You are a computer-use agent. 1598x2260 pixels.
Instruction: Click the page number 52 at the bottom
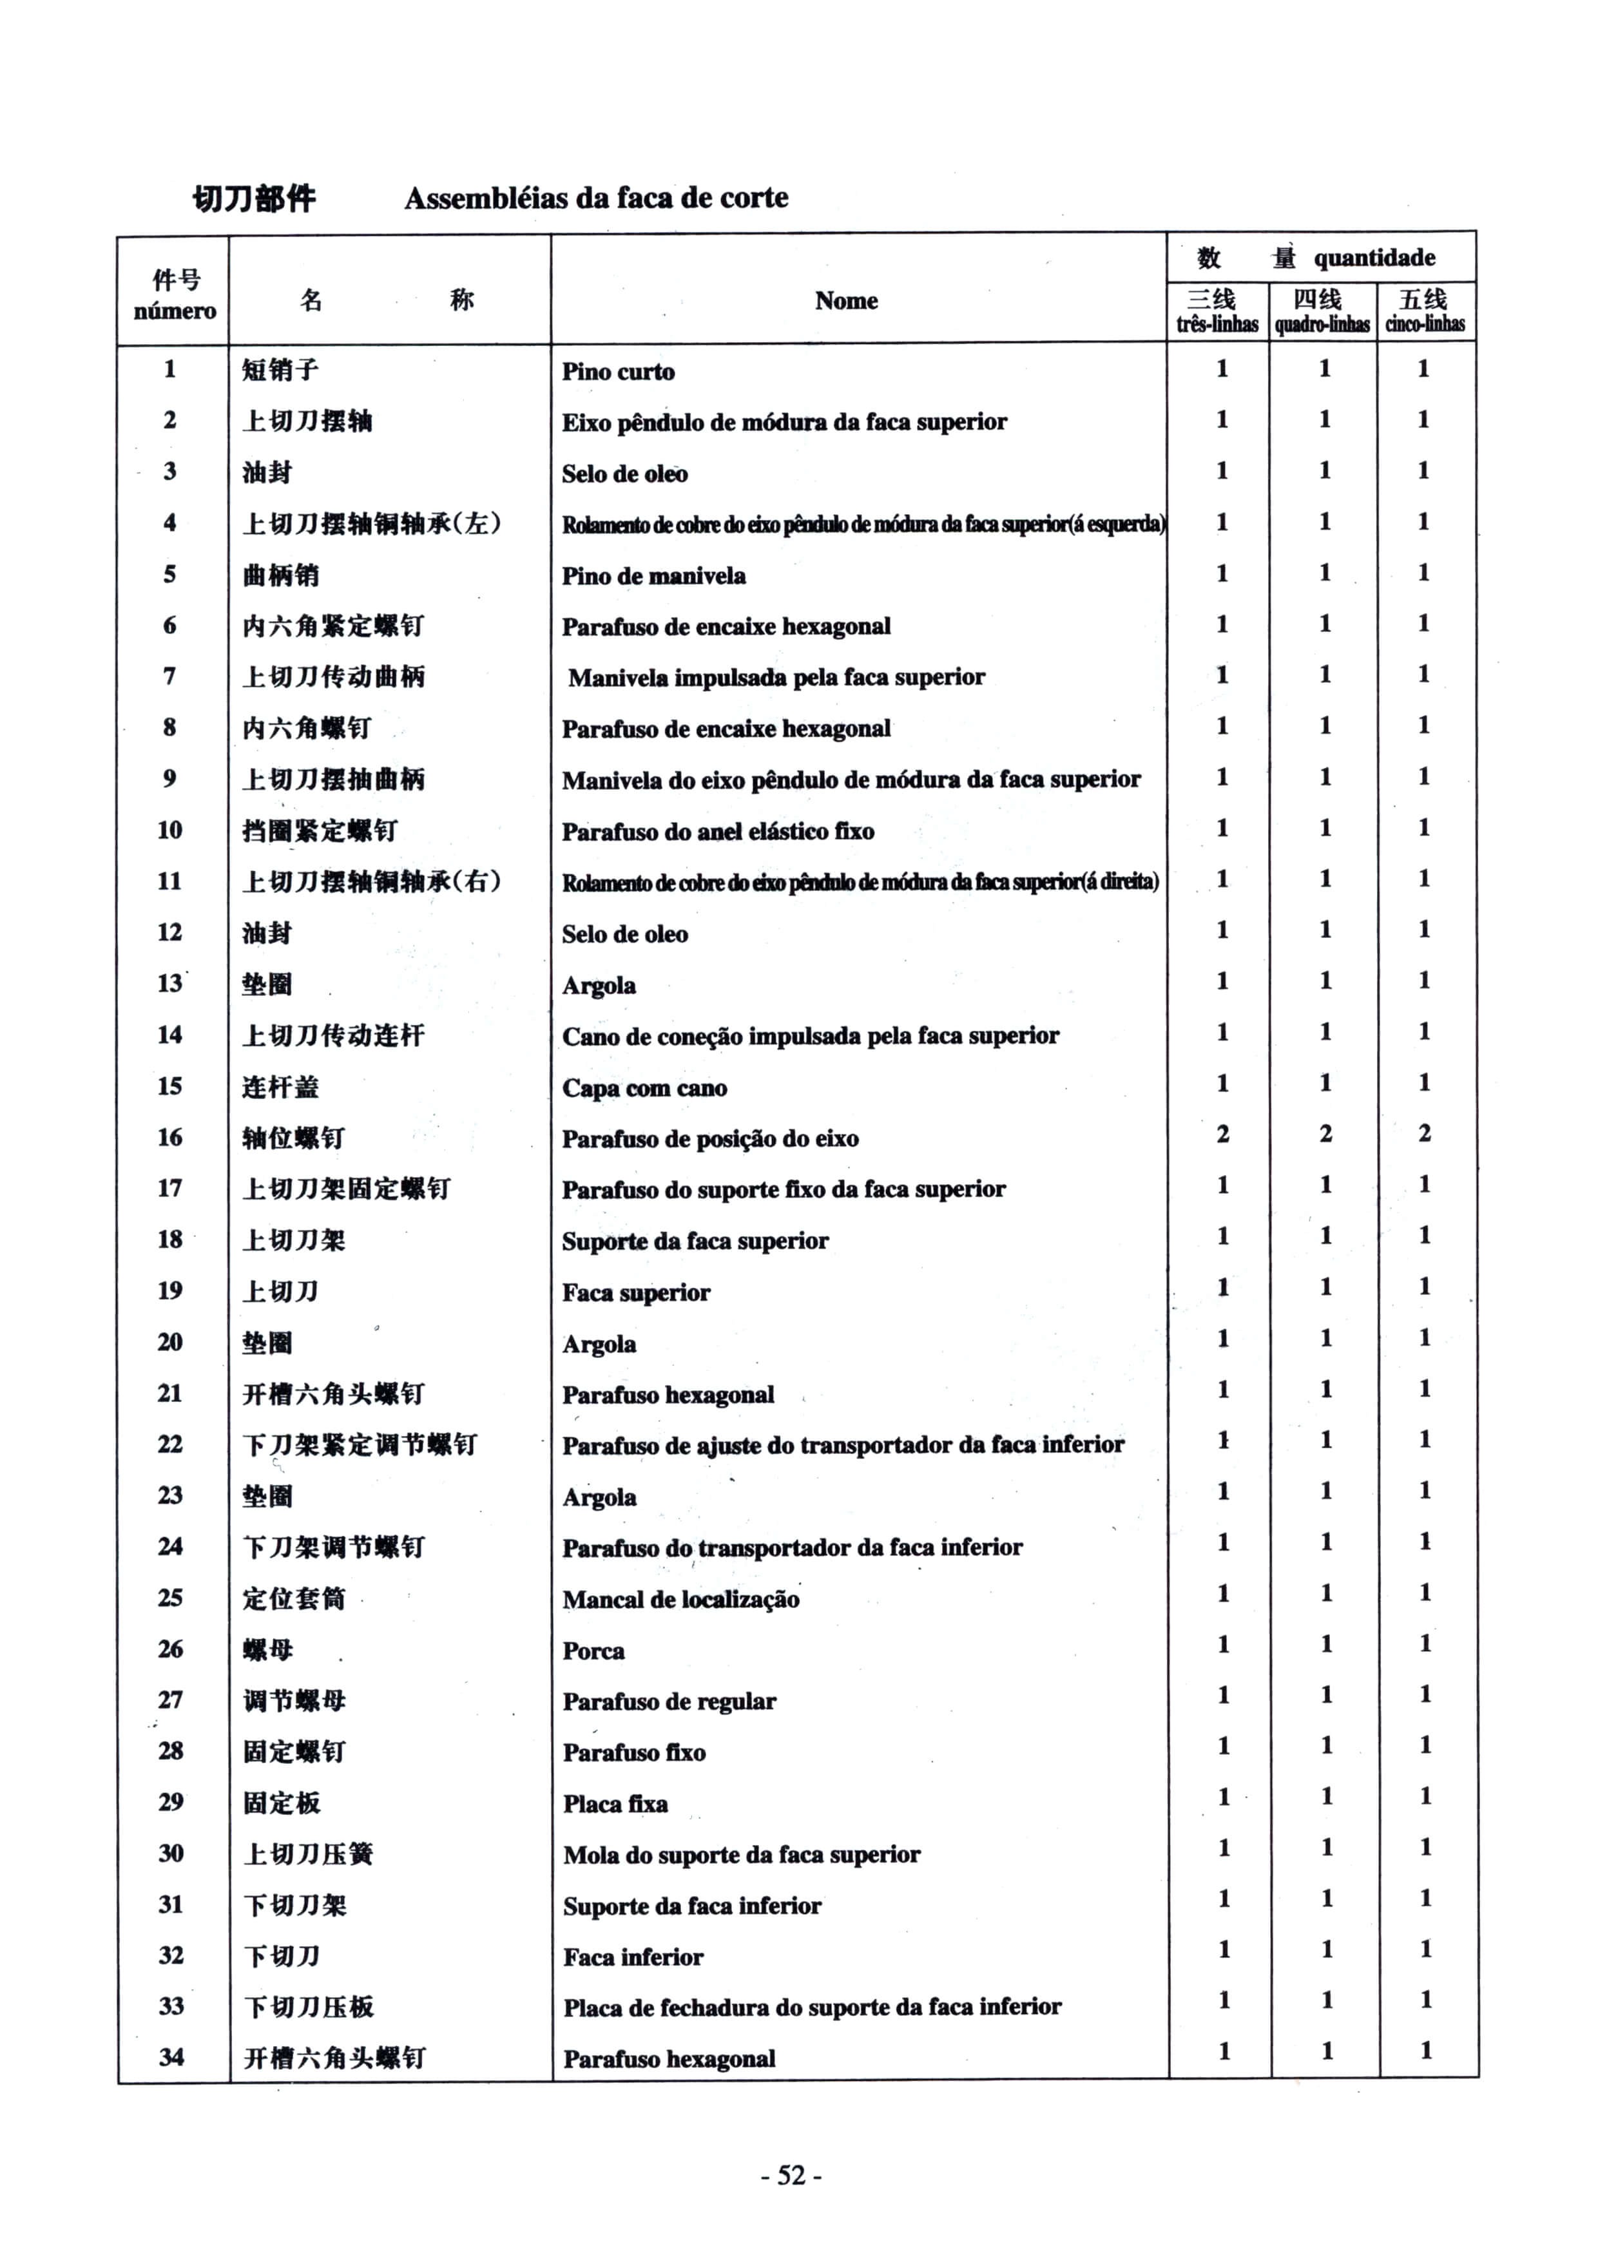tap(792, 2174)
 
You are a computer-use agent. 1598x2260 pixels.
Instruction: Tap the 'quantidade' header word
tap(1374, 258)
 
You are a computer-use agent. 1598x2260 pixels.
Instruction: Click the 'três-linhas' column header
tap(1217, 324)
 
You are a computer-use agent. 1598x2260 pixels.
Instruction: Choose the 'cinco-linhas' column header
tap(1425, 324)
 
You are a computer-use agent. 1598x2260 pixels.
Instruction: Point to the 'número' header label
tap(174, 311)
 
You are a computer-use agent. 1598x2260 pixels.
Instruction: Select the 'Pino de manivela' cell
tap(654, 576)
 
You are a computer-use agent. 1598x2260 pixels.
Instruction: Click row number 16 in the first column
tap(169, 1137)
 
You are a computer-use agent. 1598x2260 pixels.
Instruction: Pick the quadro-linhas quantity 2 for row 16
tap(1325, 1134)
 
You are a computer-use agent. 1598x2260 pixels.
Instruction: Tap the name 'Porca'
tap(593, 1651)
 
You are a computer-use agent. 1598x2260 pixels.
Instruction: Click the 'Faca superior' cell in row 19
tap(636, 1292)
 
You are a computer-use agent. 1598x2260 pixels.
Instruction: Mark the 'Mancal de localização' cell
tap(680, 1600)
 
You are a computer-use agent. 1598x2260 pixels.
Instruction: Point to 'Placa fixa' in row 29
tap(615, 1803)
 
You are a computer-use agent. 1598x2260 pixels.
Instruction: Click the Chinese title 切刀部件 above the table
tap(254, 199)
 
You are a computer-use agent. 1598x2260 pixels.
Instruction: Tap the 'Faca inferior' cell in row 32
tap(633, 1957)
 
